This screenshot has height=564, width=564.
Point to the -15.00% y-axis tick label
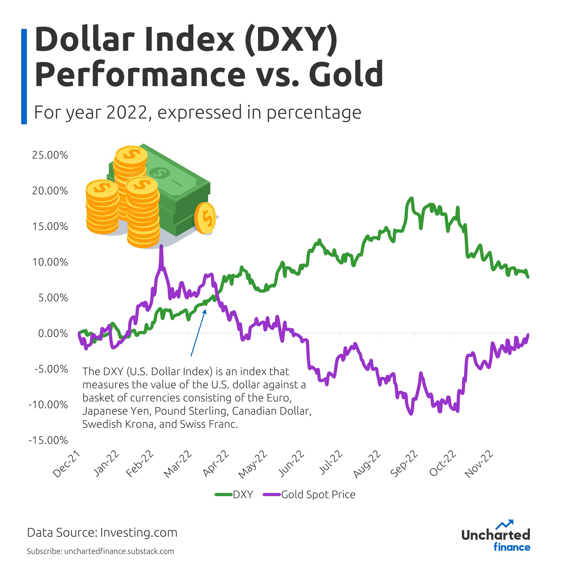48,440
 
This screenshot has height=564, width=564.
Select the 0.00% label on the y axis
53,333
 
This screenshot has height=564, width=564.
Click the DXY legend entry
243,494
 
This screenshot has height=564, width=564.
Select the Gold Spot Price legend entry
318,494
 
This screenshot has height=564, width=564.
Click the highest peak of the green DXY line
412,199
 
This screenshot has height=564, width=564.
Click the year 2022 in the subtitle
127,112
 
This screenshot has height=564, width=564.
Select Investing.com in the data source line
139,532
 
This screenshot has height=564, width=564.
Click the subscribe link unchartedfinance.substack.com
119,551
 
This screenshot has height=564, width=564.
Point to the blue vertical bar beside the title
24,77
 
